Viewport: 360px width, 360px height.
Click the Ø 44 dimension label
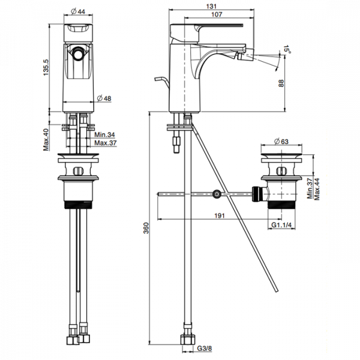point(78,11)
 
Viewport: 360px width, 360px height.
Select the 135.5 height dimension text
point(46,67)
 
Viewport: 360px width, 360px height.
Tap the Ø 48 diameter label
point(104,98)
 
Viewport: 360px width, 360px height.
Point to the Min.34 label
point(104,134)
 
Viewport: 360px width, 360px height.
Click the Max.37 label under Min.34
point(106,143)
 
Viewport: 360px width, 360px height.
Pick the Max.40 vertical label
point(46,140)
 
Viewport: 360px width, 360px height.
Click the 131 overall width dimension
point(211,6)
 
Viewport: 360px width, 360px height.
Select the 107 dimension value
point(217,14)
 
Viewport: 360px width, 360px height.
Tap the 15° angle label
point(287,49)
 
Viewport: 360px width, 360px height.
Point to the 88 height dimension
point(281,83)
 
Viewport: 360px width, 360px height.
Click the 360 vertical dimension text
point(146,228)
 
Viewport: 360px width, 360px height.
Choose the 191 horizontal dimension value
point(220,216)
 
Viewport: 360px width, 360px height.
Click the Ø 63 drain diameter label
point(281,142)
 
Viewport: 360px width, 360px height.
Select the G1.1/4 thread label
point(281,225)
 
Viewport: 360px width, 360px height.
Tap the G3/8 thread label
point(205,348)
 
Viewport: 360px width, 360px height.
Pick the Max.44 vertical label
point(317,189)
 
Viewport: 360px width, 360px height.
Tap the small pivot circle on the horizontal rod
point(217,194)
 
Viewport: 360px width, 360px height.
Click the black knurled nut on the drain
point(257,194)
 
